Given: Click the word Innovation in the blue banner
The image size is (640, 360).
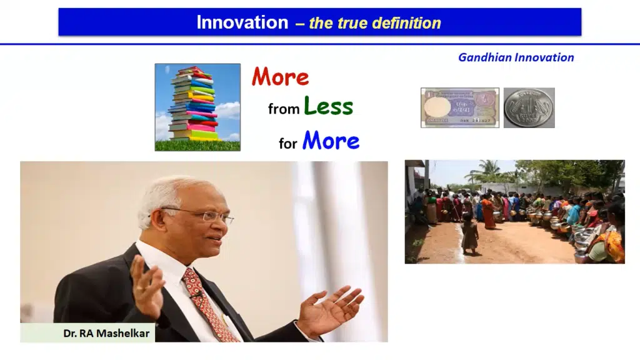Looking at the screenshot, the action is tap(242, 22).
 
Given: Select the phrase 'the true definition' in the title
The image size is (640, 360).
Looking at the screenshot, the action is tap(375, 23).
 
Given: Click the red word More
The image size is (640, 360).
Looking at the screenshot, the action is tap(281, 77).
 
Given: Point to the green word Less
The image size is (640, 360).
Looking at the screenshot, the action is tap(328, 106).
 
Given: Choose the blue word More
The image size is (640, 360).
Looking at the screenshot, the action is tap(331, 141).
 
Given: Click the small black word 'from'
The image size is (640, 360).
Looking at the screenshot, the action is tap(284, 109).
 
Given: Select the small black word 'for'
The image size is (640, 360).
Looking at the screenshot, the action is tap(287, 143).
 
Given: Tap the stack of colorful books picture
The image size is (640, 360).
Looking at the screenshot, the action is tap(197, 107).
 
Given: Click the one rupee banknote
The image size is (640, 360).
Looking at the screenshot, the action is tap(460, 107).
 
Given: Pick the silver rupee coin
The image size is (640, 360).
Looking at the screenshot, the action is tap(529, 107).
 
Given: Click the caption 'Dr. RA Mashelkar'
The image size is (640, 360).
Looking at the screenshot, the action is tap(106, 334).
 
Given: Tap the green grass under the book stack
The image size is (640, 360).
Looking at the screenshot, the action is tap(197, 145).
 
